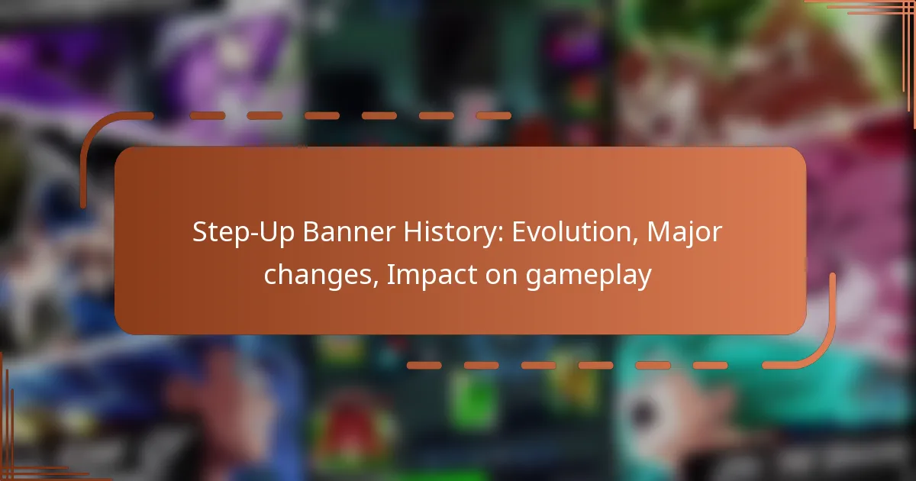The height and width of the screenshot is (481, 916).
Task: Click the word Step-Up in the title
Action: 243,233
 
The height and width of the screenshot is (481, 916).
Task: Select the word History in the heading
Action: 453,233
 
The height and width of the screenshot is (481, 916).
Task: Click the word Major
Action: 685,233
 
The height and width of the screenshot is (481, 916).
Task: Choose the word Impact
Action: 431,275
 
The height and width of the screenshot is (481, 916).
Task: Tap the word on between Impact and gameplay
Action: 501,277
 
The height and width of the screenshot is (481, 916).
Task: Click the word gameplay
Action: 589,276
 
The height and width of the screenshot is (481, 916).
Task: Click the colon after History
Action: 500,235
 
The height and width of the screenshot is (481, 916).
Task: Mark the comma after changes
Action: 376,283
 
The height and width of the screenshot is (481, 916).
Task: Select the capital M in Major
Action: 658,232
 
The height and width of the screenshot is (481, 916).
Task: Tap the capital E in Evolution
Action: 519,232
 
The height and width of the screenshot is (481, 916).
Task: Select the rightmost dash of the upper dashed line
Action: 494,116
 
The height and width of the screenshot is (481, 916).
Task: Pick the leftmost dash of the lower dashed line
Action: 424,365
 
